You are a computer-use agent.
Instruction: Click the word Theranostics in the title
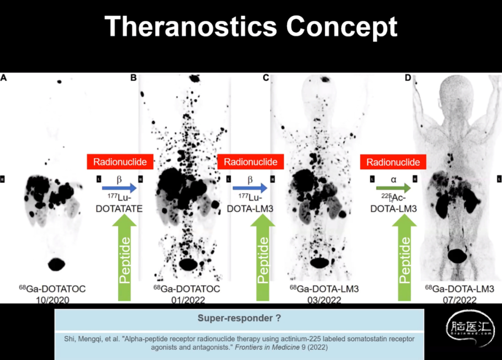tap(191, 27)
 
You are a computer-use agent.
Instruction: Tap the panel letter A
tap(4, 78)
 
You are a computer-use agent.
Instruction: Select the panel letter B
tap(133, 78)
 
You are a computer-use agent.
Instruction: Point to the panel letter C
tap(266, 78)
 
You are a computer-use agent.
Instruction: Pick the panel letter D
tap(408, 78)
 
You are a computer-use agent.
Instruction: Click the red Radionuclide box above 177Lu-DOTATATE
tap(120, 162)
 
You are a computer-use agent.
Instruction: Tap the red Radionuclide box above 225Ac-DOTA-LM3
tap(393, 162)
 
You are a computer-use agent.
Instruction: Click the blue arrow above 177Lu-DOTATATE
tap(119, 188)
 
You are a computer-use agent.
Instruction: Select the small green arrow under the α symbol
tap(394, 188)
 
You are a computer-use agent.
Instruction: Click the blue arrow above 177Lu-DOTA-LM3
tap(250, 188)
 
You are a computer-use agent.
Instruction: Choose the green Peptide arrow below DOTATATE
tap(125, 258)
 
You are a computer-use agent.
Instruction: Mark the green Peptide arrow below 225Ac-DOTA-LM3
tap(404, 258)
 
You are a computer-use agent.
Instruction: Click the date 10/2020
tap(53, 300)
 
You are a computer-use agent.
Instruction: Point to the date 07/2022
tap(460, 300)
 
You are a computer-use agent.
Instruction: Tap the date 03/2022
tap(324, 300)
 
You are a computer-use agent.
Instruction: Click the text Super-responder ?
tap(239, 318)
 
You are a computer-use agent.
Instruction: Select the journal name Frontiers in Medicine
tap(267, 347)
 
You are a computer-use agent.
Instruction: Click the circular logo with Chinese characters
tap(470, 328)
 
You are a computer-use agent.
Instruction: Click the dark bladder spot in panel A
tap(57, 264)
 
